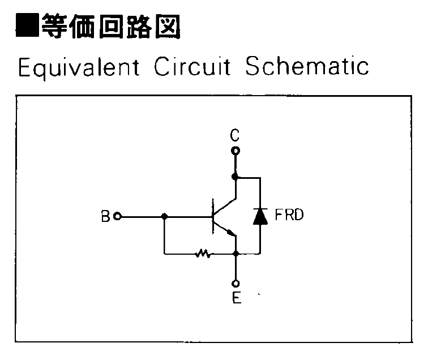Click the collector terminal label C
coord(235,135)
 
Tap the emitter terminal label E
coord(236,298)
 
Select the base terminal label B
coord(105,216)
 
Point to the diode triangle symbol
coord(260,216)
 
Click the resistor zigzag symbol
coord(203,254)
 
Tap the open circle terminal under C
coord(236,151)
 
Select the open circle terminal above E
coord(236,284)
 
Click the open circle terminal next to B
coord(117,216)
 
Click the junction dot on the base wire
coord(164,216)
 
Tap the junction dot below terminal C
coord(236,177)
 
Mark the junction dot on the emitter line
coord(236,254)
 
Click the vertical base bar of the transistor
coord(212,216)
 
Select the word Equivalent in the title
coord(79,67)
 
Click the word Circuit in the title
coord(192,67)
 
